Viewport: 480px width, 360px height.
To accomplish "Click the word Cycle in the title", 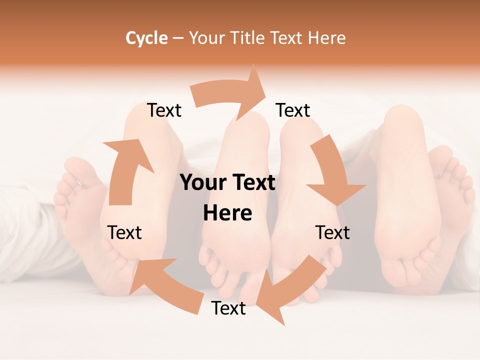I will point(146,38).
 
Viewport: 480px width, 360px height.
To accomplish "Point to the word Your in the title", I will point(207,38).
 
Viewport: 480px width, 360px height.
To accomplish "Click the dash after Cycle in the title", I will point(178,38).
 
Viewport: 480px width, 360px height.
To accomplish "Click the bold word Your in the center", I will point(203,182).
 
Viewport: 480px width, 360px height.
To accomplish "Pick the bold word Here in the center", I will point(227,213).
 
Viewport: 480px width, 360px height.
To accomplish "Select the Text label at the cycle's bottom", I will point(228,308).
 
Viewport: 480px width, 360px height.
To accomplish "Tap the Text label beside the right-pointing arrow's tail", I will point(164,110).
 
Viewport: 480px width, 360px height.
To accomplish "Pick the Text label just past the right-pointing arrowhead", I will point(293,110).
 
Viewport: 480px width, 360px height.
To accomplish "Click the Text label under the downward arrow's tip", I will point(332,232).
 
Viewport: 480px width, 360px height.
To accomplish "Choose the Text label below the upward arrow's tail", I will point(124,232).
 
